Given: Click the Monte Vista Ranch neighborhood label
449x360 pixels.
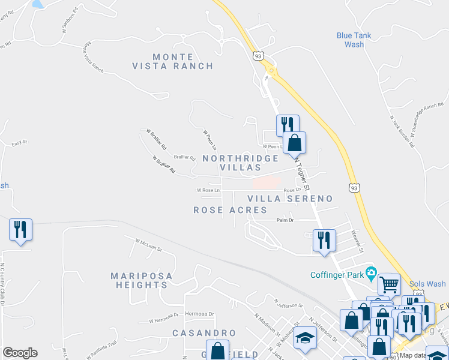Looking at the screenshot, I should tap(173, 62).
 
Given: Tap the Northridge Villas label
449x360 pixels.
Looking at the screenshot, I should tap(240, 163).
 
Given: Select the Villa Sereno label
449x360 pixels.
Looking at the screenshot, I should tap(290, 198).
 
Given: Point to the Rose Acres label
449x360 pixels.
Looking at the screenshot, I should tap(230, 210).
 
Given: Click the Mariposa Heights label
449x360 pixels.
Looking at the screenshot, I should tap(142, 280).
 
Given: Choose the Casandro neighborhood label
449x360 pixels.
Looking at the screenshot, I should tap(204, 332).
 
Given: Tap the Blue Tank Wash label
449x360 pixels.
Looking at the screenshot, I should tap(354, 40).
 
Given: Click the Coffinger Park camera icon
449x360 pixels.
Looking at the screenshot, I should tap(372, 274).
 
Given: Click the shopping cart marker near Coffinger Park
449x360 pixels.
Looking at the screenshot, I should tap(389, 283).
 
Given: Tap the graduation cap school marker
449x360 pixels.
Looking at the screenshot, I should tap(305, 338).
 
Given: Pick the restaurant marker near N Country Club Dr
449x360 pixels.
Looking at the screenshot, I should tap(20, 229).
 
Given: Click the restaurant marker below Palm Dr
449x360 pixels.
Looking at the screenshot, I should tap(324, 240).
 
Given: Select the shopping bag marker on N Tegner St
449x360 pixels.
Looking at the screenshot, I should tap(294, 143).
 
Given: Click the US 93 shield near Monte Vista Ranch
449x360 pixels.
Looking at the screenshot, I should tap(258, 56).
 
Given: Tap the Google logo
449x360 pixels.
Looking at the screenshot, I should tap(20, 353).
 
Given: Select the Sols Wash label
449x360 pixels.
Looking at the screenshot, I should tap(427, 284).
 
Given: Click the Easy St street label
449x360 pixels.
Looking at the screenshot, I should tap(20, 143).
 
